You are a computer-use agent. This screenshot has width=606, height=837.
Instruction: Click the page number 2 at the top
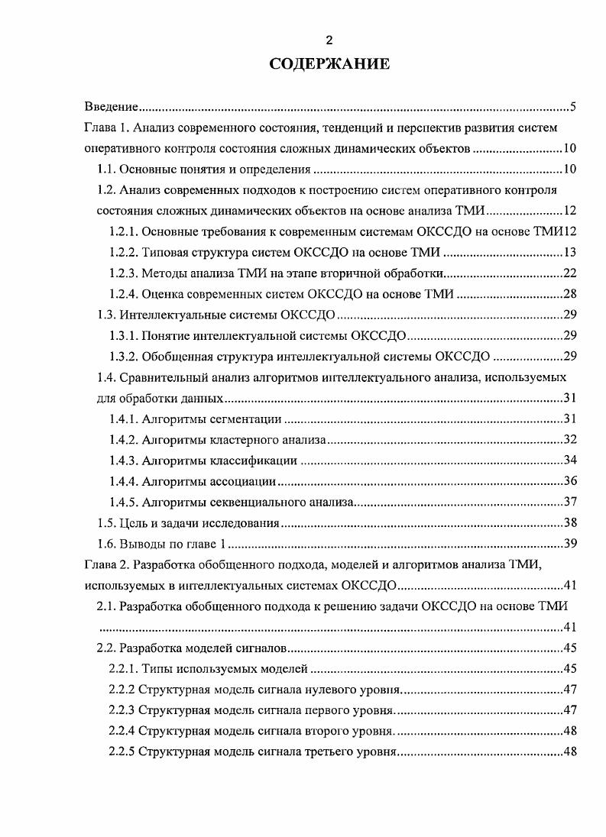(x=329, y=40)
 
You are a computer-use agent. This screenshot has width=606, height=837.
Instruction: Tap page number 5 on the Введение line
(x=572, y=106)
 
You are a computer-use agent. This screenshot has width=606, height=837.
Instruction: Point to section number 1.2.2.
(x=124, y=253)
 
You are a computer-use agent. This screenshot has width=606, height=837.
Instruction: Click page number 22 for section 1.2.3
(x=569, y=273)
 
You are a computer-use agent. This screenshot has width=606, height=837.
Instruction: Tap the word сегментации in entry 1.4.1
(x=249, y=419)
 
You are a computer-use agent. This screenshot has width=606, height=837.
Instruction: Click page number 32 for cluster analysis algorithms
(x=569, y=440)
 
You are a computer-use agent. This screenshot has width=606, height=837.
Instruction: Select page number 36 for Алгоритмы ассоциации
(x=569, y=481)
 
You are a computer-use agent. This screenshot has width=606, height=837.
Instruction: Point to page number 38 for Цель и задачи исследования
(x=569, y=523)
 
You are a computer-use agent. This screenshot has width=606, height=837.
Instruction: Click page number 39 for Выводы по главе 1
(x=569, y=544)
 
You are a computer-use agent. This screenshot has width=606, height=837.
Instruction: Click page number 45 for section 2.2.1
(x=569, y=669)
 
